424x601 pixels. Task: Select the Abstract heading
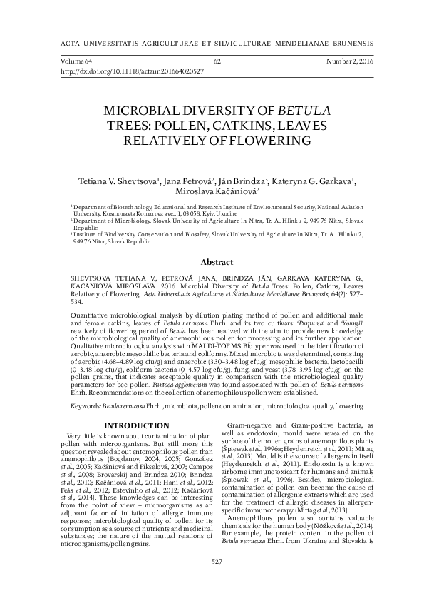coord(212,262)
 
